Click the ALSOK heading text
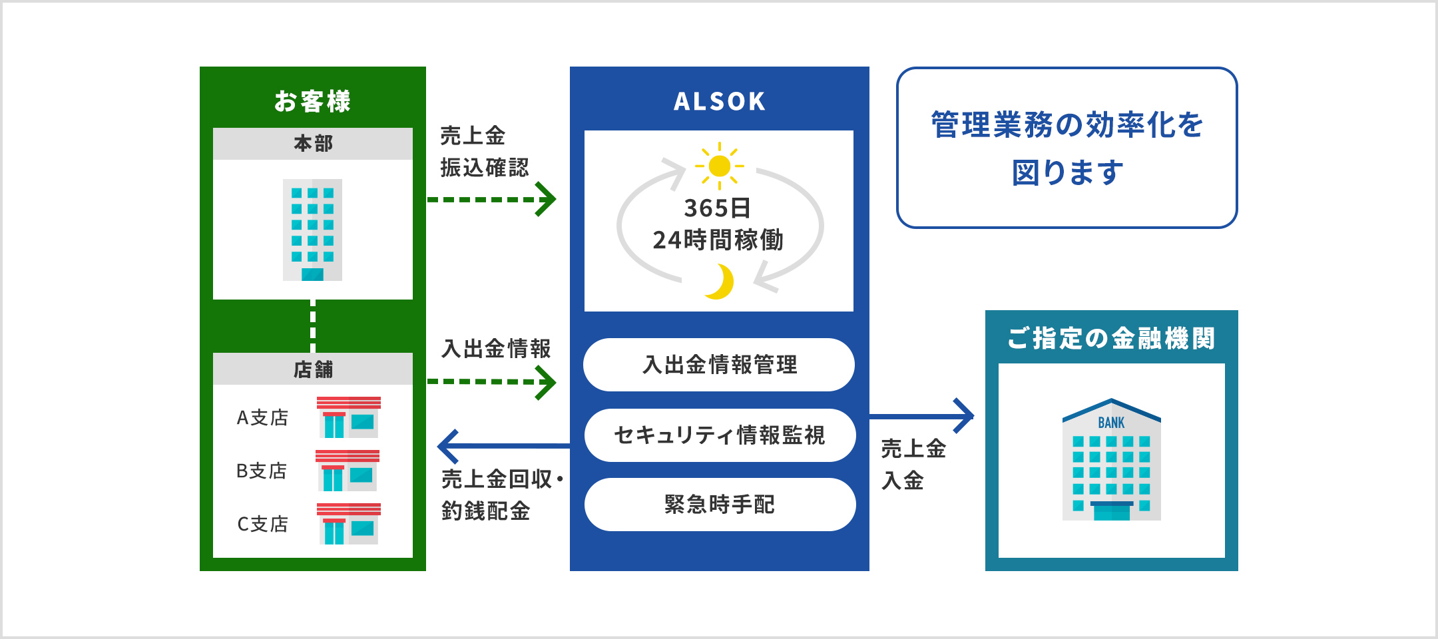click(719, 101)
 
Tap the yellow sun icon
click(720, 166)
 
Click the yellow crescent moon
click(721, 282)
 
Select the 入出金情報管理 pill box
click(719, 365)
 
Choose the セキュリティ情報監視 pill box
click(719, 435)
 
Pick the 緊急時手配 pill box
click(719, 505)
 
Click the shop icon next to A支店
click(348, 417)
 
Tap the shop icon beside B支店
click(347, 471)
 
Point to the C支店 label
click(262, 524)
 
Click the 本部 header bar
click(313, 144)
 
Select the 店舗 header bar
click(313, 369)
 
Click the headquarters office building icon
click(312, 230)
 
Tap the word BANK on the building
click(1111, 423)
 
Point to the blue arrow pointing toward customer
click(503, 446)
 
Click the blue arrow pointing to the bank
click(922, 416)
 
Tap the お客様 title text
click(312, 101)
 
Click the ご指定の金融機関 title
click(1111, 338)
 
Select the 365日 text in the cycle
click(718, 208)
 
